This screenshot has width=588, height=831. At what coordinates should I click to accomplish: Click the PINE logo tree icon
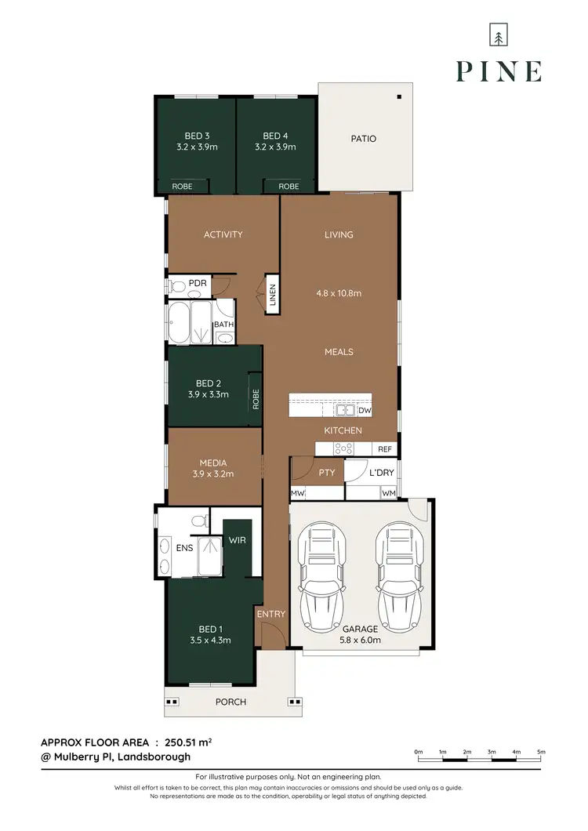pyautogui.click(x=497, y=36)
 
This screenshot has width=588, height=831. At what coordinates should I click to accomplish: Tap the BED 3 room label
pyautogui.click(x=197, y=136)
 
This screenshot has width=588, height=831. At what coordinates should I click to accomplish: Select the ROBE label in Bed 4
pyautogui.click(x=289, y=187)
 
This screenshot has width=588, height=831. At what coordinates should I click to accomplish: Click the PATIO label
pyautogui.click(x=362, y=139)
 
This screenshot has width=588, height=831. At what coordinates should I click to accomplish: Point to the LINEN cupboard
pyautogui.click(x=272, y=294)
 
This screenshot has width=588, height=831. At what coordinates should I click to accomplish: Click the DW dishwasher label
pyautogui.click(x=364, y=410)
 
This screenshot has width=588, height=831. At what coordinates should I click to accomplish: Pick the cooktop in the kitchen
pyautogui.click(x=343, y=449)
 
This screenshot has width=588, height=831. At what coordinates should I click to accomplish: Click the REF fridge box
pyautogui.click(x=384, y=449)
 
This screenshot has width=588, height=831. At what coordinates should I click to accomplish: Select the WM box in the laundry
pyautogui.click(x=388, y=493)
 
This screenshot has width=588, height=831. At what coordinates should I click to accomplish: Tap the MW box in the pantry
pyautogui.click(x=298, y=493)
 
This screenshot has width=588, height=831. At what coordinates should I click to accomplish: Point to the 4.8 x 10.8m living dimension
pyautogui.click(x=339, y=294)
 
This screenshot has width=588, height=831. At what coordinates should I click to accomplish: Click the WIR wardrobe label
pyautogui.click(x=238, y=540)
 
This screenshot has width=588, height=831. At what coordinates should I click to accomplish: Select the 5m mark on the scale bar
pyautogui.click(x=540, y=753)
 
